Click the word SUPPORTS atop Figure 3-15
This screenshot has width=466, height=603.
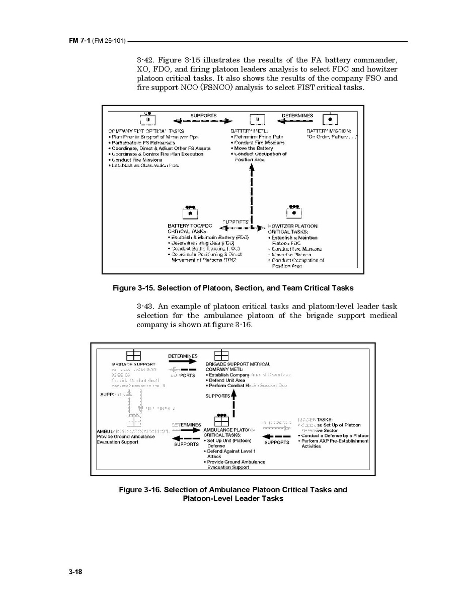coord(203,115)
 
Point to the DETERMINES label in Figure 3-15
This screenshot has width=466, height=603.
coord(297,115)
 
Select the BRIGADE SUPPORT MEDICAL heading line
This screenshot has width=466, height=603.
coord(238,364)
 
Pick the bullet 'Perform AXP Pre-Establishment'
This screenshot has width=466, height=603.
coord(334,441)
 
